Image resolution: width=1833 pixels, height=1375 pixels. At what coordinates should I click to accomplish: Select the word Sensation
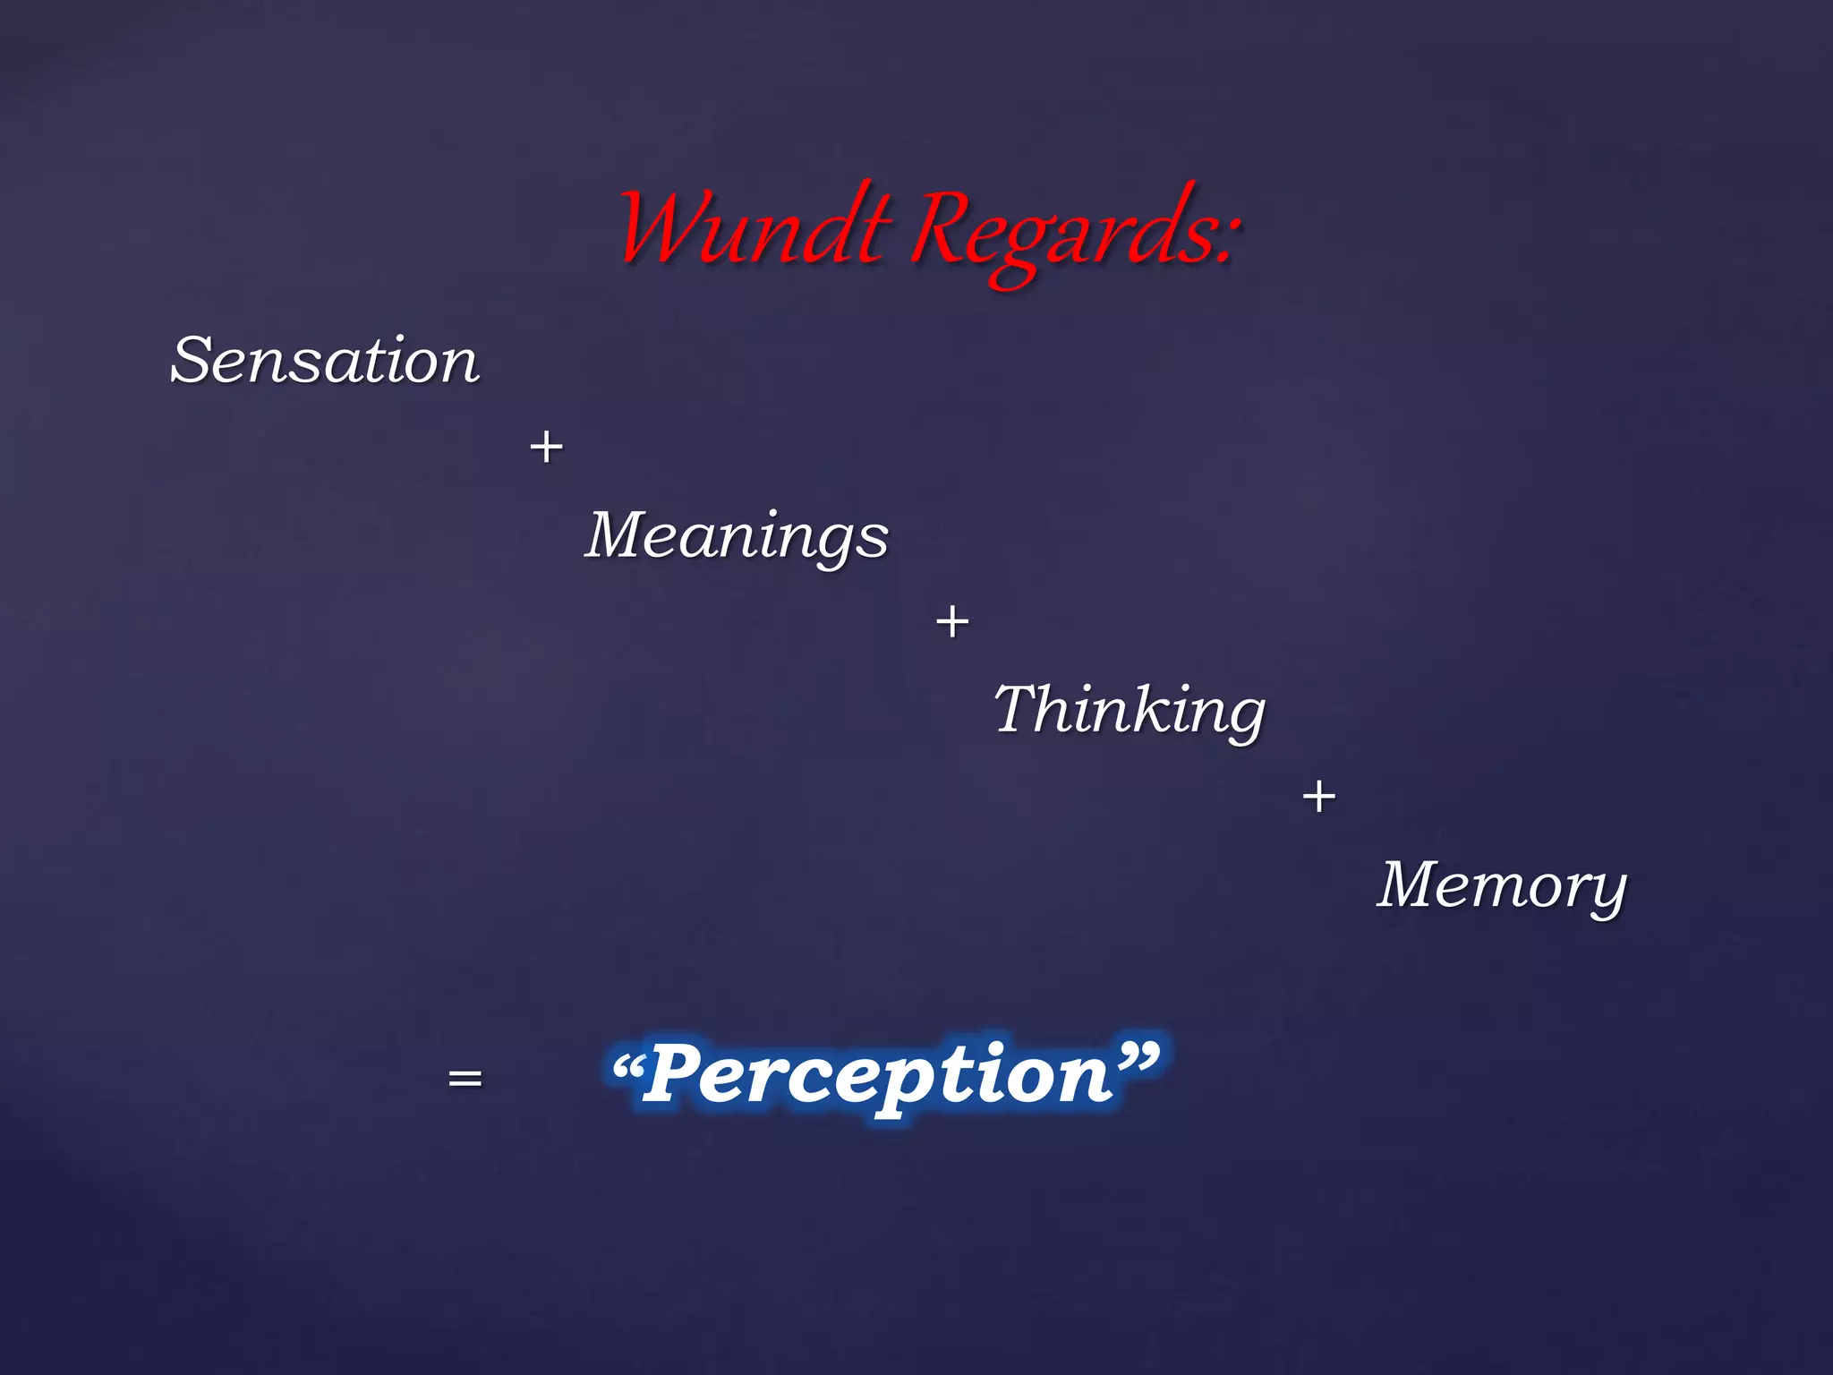pyautogui.click(x=325, y=361)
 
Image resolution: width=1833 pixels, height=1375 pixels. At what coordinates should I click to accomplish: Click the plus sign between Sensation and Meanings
pyautogui.click(x=546, y=447)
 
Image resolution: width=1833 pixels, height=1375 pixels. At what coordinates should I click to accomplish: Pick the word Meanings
pyautogui.click(x=737, y=535)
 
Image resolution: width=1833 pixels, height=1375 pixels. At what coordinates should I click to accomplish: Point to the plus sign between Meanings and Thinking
pyautogui.click(x=951, y=621)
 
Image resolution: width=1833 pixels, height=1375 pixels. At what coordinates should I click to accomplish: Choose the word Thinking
pyautogui.click(x=1130, y=710)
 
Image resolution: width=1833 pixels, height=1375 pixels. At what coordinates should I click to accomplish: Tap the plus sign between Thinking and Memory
pyautogui.click(x=1318, y=796)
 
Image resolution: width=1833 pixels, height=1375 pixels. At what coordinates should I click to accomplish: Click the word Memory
pyautogui.click(x=1501, y=885)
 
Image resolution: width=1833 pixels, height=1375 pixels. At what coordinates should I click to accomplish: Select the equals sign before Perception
pyautogui.click(x=465, y=1079)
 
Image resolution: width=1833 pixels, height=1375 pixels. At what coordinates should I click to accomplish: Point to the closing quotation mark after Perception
pyautogui.click(x=1137, y=1058)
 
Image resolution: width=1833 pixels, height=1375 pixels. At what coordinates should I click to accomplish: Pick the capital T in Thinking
pyautogui.click(x=1018, y=708)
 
